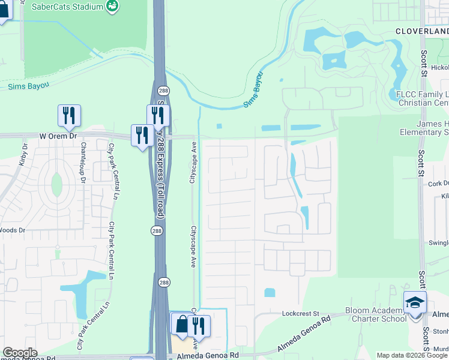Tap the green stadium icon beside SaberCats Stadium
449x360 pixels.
point(112,6)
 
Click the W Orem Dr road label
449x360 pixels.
point(59,136)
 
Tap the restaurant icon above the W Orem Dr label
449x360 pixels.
point(69,115)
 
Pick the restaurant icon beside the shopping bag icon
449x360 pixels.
point(199,326)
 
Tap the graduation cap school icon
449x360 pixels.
point(415,303)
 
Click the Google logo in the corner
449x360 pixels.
point(20,353)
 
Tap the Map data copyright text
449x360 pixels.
point(412,355)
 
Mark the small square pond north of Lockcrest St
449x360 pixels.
point(270,293)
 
